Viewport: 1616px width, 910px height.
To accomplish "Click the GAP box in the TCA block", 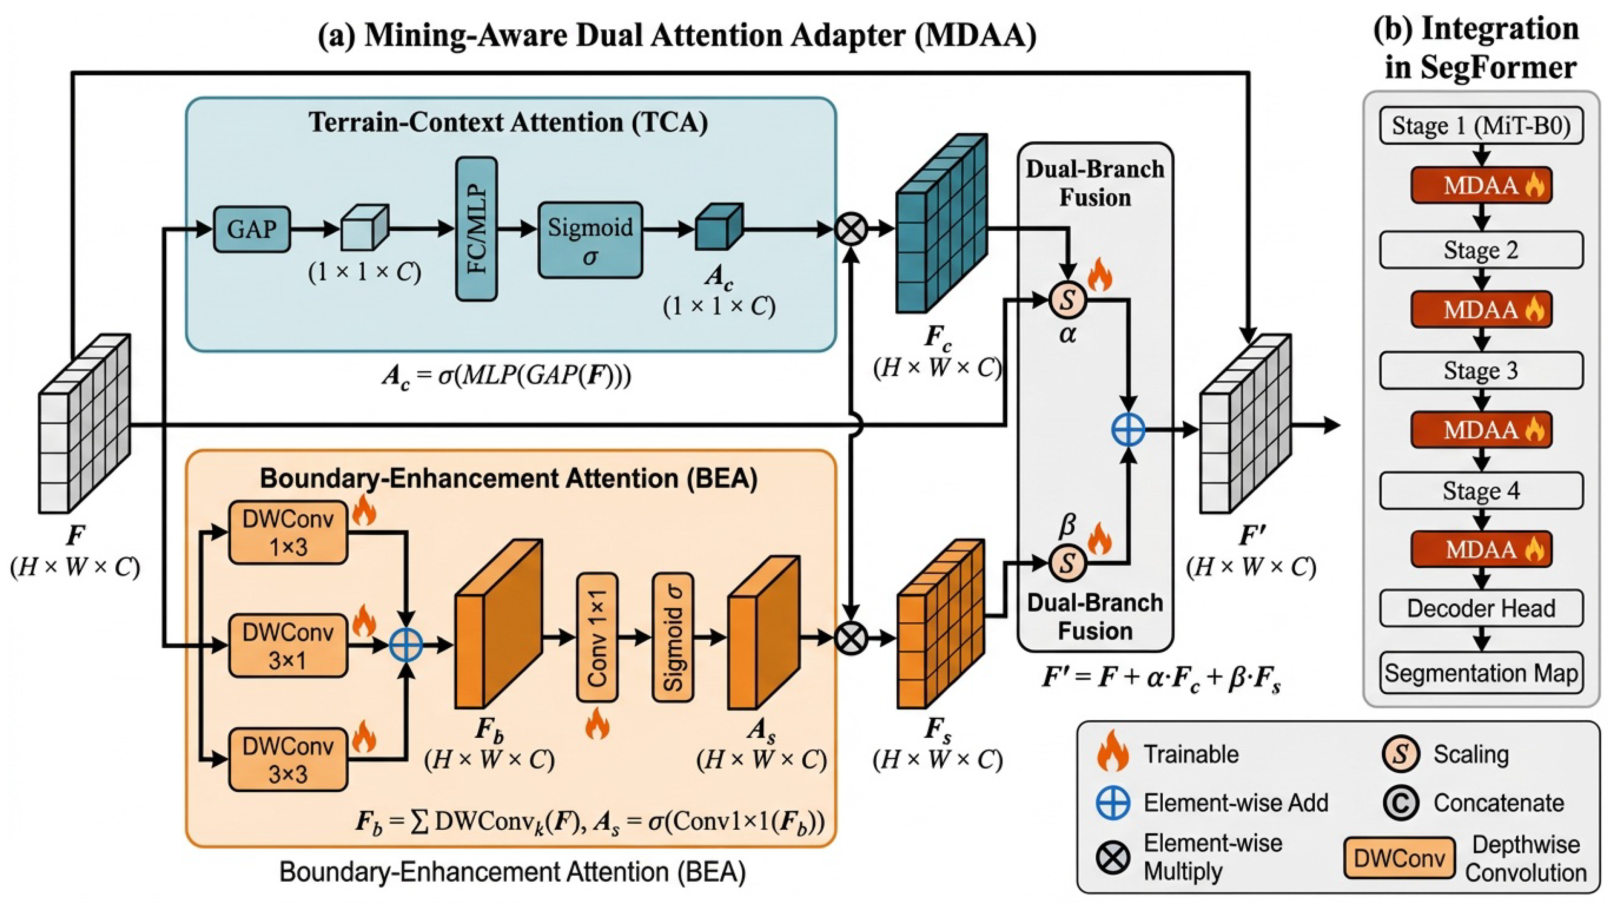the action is coord(251,229).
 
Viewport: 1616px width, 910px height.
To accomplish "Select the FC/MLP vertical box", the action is coord(477,228).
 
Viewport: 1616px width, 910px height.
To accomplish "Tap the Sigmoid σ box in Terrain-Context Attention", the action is coord(590,240).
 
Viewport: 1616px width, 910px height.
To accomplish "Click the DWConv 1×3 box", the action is coord(288,533).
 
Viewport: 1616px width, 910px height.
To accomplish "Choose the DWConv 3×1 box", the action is coord(288,646).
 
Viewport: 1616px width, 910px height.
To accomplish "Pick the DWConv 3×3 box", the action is coord(288,759).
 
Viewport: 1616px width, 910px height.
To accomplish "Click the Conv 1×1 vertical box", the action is coord(597,637).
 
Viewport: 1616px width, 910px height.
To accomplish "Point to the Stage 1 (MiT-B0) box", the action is coord(1481,126).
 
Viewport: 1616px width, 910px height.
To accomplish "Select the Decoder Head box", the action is coord(1481,608).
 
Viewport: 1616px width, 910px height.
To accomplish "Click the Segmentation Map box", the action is coord(1481,673).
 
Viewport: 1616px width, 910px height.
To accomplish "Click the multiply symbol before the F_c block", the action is coord(851,228).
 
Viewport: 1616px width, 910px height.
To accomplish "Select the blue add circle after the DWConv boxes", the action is coord(406,644).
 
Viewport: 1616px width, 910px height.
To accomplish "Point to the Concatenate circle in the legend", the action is coord(1401,803).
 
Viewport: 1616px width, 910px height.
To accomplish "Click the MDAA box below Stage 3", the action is coord(1481,430).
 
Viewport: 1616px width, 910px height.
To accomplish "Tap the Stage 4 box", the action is coord(1481,490).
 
